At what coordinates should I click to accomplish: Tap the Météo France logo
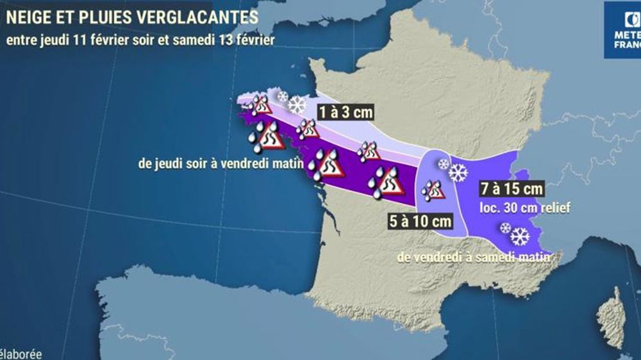(x=622, y=29)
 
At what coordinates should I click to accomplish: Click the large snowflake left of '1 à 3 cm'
(x=297, y=105)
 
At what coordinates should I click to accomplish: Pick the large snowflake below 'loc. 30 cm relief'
(x=520, y=236)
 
